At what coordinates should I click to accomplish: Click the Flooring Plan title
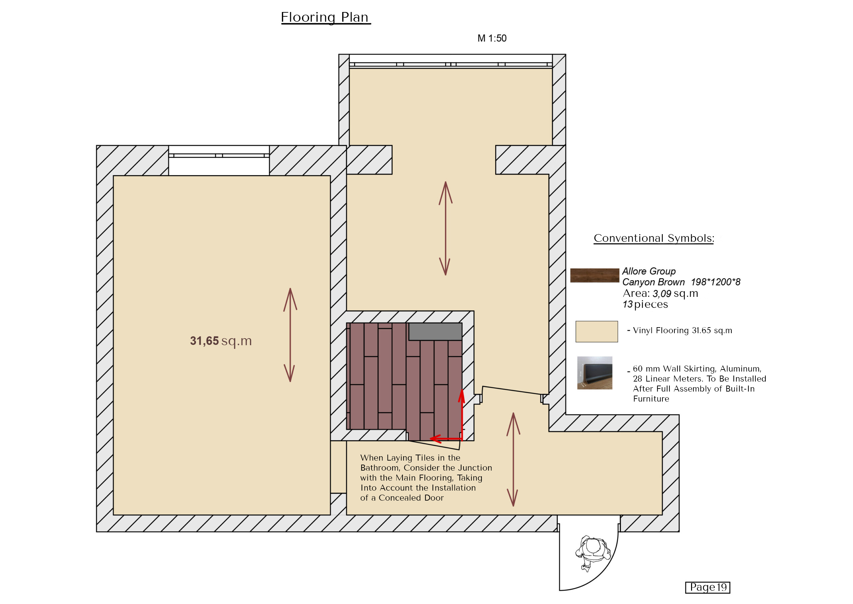tap(325, 17)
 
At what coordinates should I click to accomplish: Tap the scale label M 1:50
tap(491, 38)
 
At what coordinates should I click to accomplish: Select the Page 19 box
tap(708, 587)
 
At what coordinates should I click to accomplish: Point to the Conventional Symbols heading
tap(654, 238)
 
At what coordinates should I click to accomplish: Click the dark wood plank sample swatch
tap(594, 275)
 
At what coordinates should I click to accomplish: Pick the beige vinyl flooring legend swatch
tap(597, 332)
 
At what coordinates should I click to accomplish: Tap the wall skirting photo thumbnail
tap(594, 373)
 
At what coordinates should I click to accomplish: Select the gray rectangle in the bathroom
tap(435, 332)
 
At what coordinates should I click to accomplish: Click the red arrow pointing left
tap(446, 439)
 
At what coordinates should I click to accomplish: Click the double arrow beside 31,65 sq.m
tap(290, 335)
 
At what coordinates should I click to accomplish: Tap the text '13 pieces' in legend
tap(645, 305)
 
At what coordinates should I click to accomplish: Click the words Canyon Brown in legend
tap(653, 282)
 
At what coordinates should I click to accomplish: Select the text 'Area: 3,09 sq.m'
tap(660, 293)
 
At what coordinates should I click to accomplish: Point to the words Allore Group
tap(649, 271)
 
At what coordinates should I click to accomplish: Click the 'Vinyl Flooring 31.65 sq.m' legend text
tap(682, 330)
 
